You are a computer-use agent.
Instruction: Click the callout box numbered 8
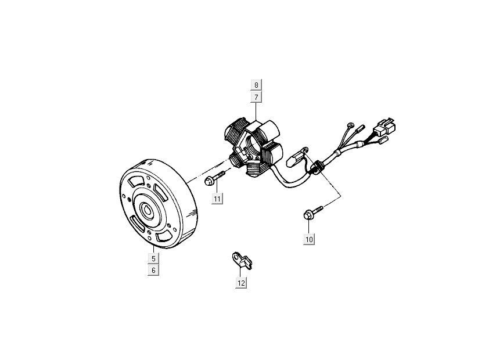coord(256,85)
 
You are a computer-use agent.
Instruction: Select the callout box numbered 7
coord(256,96)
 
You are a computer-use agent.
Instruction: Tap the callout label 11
coord(217,199)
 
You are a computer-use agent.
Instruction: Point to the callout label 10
coord(309,239)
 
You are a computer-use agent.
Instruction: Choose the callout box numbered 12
coord(240,283)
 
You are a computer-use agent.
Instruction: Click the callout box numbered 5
coord(153,258)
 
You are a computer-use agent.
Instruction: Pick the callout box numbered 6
coord(153,270)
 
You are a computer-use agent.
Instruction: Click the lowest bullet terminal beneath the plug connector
coord(383,141)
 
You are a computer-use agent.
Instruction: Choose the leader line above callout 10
coord(309,227)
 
